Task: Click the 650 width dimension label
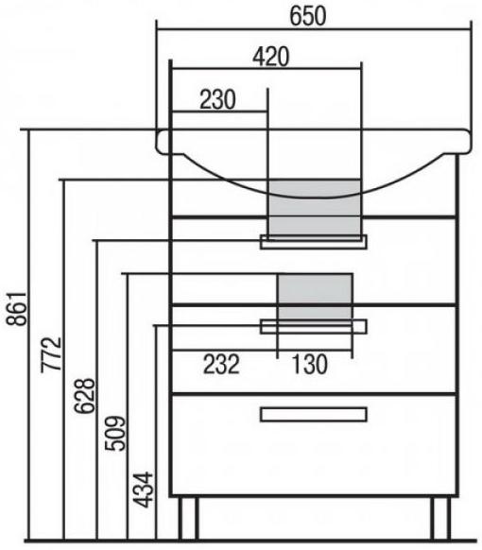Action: point(308,16)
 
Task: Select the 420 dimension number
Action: point(271,57)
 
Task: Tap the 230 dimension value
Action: point(217,99)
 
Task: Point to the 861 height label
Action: point(16,308)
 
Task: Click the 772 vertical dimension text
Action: point(52,354)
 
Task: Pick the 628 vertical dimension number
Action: point(84,396)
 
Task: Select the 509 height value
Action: point(115,433)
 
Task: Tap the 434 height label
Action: point(145,490)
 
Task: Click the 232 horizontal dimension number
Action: point(221,364)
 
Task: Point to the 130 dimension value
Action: point(309,364)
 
